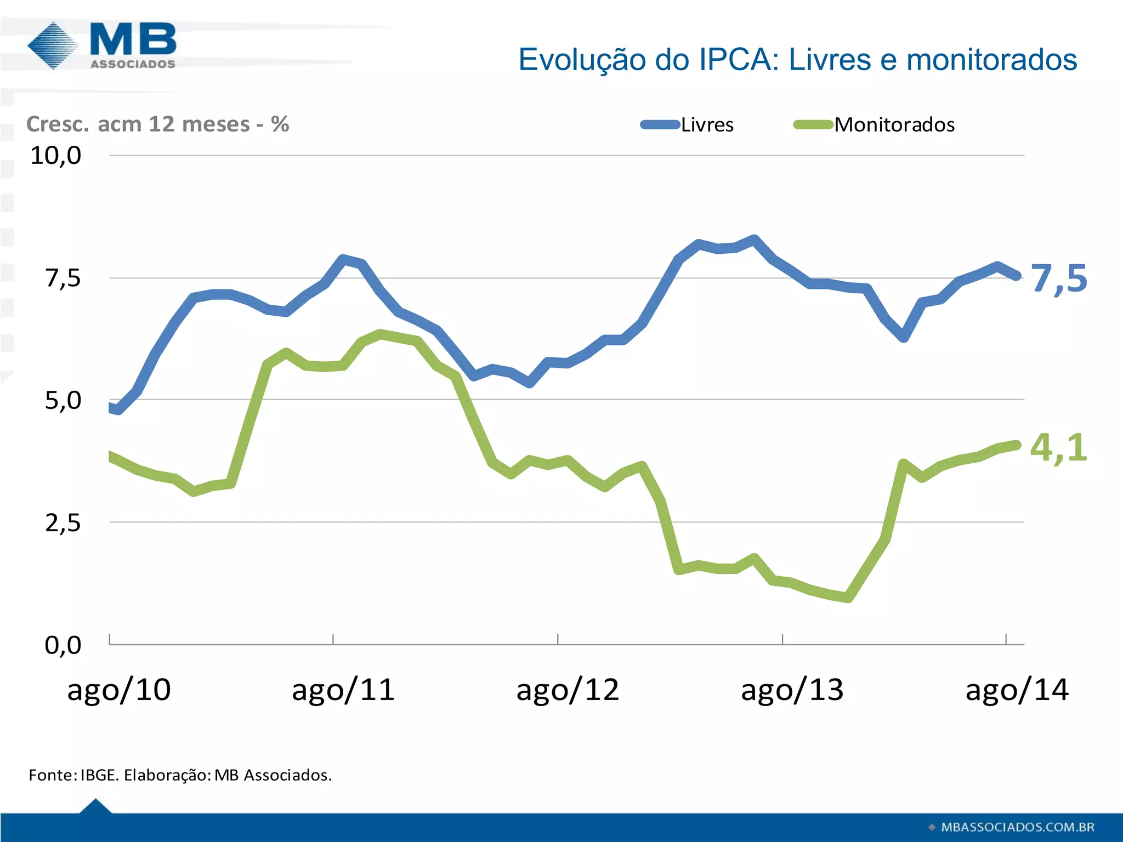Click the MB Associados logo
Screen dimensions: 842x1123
coord(102,46)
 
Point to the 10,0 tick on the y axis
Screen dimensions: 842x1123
coord(55,156)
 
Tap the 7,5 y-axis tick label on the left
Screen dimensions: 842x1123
coord(63,278)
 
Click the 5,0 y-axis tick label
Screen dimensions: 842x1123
coord(63,401)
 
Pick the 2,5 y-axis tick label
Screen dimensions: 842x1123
coord(63,523)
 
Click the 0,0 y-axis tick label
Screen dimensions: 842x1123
coord(63,645)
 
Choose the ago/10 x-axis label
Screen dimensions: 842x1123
coord(119,690)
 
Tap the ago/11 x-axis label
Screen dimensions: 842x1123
coord(343,690)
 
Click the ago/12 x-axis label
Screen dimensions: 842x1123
coord(568,690)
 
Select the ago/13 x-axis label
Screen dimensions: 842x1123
coord(792,690)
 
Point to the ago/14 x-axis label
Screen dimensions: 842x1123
coord(1017,690)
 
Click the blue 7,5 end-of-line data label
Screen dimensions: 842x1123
coord(1058,278)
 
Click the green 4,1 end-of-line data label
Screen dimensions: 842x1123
coord(1058,447)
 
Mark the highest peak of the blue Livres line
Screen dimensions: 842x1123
coord(755,240)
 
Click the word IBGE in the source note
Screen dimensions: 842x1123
coord(99,775)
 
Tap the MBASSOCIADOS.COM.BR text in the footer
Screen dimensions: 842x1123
coord(1017,827)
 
